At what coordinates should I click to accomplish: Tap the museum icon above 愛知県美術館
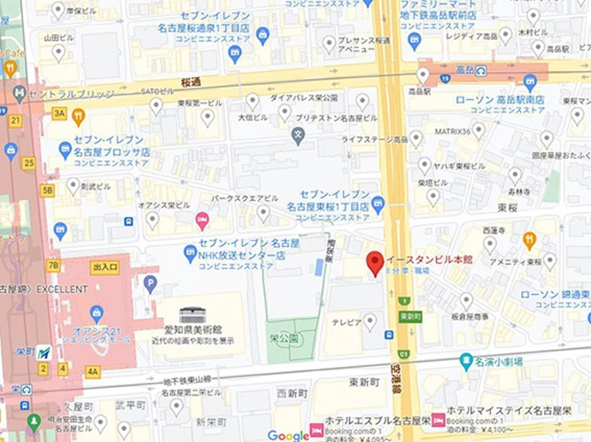[x=191, y=315]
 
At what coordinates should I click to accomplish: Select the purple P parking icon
[x=150, y=283]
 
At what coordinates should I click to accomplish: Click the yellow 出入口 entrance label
[x=105, y=267]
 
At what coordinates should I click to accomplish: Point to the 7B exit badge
[x=53, y=265]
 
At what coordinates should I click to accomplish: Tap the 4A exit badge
[x=93, y=371]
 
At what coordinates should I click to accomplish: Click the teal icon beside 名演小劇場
[x=466, y=361]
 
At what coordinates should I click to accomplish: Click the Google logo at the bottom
[x=288, y=435]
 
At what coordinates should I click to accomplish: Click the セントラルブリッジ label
[x=71, y=93]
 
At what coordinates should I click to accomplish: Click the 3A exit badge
[x=59, y=113]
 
